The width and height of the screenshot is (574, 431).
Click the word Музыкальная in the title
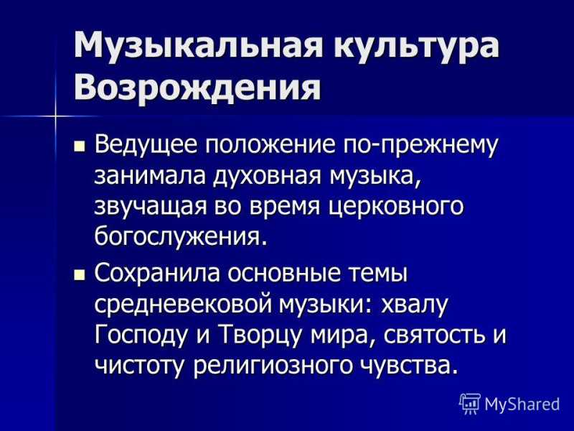point(198,45)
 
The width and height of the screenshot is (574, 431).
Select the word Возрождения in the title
point(197,88)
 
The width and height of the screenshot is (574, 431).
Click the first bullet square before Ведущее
point(79,147)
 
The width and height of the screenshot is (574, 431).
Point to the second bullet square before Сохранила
point(79,276)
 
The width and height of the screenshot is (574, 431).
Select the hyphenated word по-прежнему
point(420,147)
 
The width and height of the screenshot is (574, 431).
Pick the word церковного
point(396,208)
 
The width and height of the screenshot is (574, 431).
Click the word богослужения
point(179,238)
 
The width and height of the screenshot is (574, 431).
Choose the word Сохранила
point(157,274)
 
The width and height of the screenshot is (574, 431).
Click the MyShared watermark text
point(522,404)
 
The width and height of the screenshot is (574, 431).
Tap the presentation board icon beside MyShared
point(470,404)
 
